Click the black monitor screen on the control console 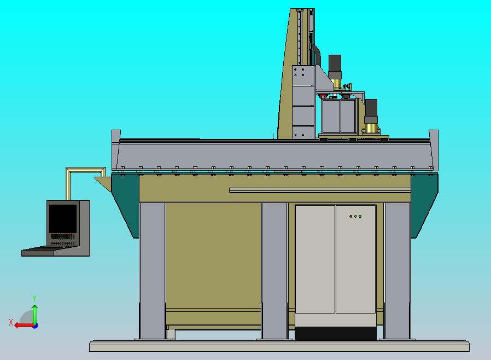pyautogui.click(x=62, y=218)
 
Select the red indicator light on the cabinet pyautogui.click(x=350, y=216)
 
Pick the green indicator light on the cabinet pyautogui.click(x=360, y=216)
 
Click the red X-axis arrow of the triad pyautogui.click(x=22, y=325)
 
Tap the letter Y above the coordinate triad pyautogui.click(x=34, y=298)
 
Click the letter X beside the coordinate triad pyautogui.click(x=11, y=323)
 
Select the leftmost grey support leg pyautogui.click(x=152, y=271)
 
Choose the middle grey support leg pyautogui.click(x=274, y=271)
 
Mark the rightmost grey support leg pyautogui.click(x=397, y=271)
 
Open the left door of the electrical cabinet pyautogui.click(x=315, y=259)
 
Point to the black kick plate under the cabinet pyautogui.click(x=335, y=333)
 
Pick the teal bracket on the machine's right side pyautogui.click(x=424, y=202)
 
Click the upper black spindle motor pyautogui.click(x=335, y=65)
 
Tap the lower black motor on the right pyautogui.click(x=371, y=108)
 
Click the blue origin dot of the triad pyautogui.click(x=35, y=326)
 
